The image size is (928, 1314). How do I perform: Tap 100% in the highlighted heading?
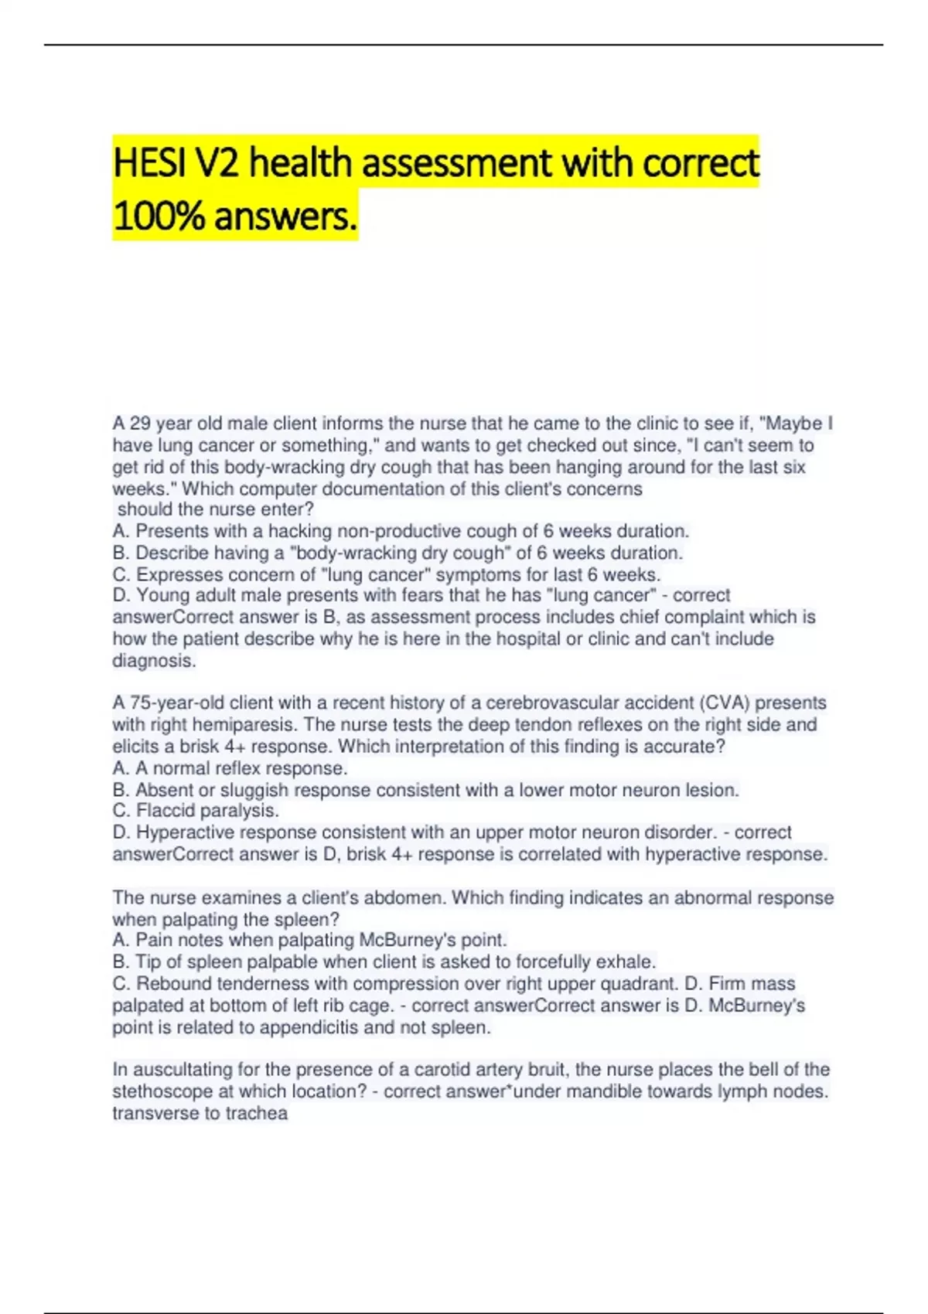pyautogui.click(x=159, y=216)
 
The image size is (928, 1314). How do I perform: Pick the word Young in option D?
pyautogui.click(x=162, y=596)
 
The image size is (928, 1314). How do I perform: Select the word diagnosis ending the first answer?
pyautogui.click(x=154, y=661)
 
